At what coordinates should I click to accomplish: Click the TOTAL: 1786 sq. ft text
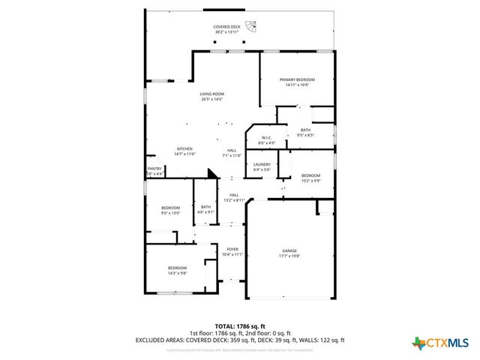point(239,326)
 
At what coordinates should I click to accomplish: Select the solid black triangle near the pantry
point(214,173)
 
